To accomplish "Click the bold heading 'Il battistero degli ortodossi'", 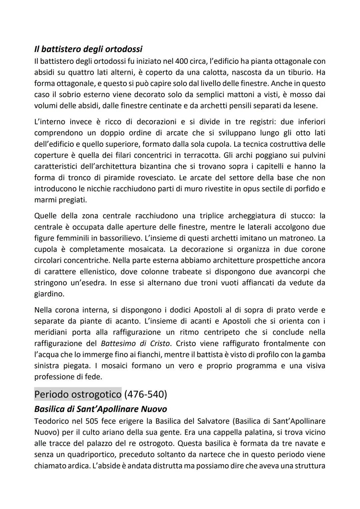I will tap(88, 49).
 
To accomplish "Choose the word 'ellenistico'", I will tap(94, 272).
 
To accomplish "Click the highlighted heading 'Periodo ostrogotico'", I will tap(78, 394).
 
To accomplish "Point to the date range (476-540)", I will tap(145, 394).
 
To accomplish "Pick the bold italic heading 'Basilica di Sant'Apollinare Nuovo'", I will tap(100, 409).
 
